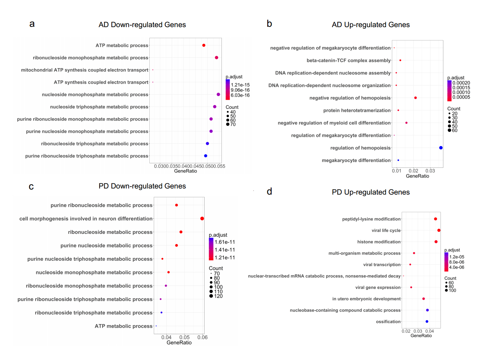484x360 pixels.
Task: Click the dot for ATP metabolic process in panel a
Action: tap(204, 45)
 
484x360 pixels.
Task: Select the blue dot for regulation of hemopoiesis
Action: tap(441, 148)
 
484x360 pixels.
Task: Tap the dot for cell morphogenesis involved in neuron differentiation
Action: tap(202, 219)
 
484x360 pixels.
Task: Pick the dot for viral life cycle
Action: tap(439, 231)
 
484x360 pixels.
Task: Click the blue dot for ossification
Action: tap(427, 322)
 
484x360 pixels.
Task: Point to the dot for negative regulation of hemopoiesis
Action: tap(416, 98)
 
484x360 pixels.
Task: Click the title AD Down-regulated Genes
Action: tap(142, 25)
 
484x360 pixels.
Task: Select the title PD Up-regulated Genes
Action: tap(371, 192)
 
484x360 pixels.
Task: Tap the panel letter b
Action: tap(269, 24)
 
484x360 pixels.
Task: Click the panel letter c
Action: tap(31, 187)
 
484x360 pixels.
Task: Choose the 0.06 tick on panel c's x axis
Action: tap(203, 337)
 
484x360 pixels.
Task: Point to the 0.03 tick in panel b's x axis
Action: tap(430, 171)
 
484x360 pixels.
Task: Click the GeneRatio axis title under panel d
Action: tap(421, 336)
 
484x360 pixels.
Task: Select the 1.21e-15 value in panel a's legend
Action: tap(240, 85)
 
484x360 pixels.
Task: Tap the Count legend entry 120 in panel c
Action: tap(218, 296)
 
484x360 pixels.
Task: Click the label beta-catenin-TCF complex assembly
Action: tap(349, 60)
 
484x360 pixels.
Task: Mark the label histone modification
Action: tap(379, 242)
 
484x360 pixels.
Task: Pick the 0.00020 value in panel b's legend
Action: tap(461, 83)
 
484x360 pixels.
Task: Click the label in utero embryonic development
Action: tap(366, 299)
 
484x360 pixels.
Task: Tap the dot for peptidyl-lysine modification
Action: tap(436, 219)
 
